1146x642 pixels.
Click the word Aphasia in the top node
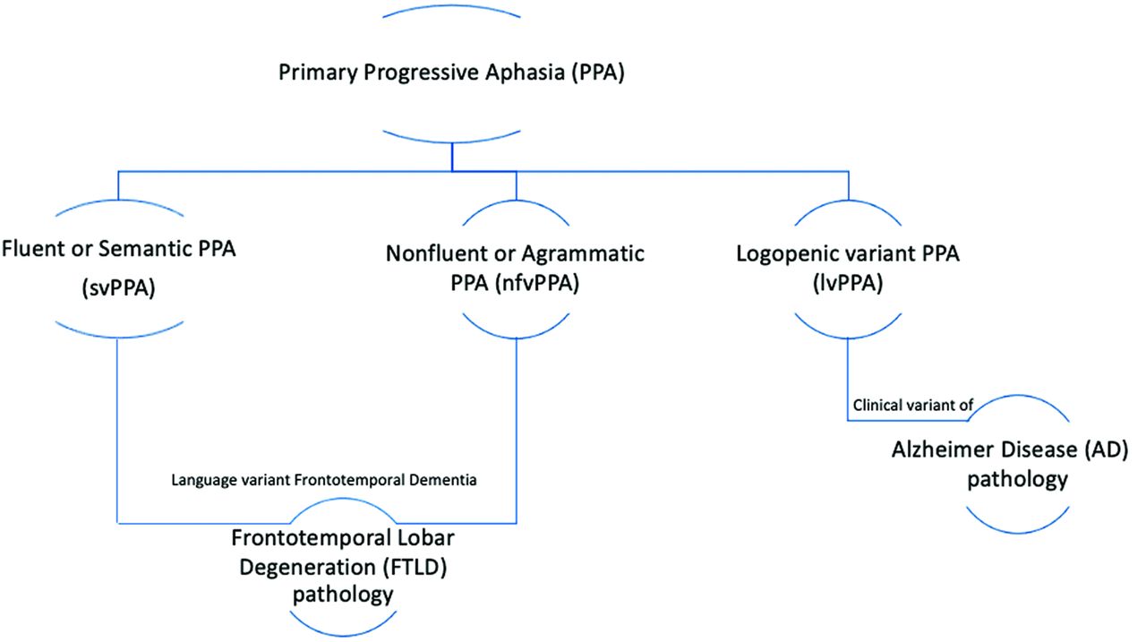(525, 73)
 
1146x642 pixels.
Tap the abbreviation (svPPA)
(118, 287)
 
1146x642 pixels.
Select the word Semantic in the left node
(145, 249)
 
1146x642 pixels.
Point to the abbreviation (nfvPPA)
(537, 283)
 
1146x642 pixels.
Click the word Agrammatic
(583, 254)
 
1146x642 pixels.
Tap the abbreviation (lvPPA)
(848, 283)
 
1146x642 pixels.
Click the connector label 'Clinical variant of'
(912, 405)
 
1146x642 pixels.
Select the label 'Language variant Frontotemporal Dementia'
(324, 480)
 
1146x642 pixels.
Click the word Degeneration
(307, 567)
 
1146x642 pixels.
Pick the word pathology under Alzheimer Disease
(1017, 480)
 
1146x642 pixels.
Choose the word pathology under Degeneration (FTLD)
(343, 595)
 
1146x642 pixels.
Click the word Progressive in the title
(422, 73)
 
